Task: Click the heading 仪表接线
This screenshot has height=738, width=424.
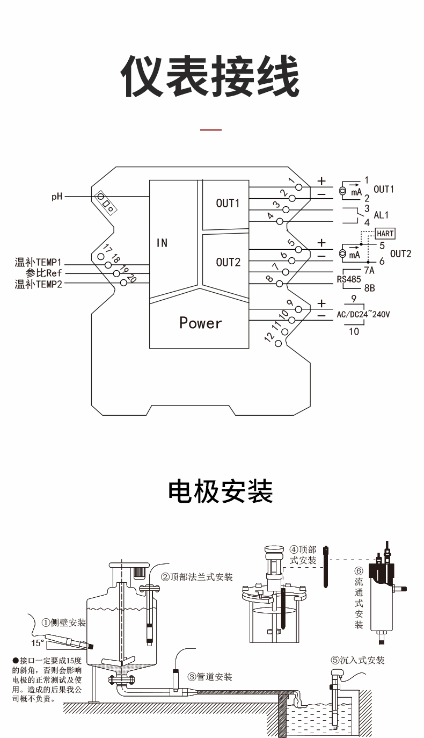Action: tap(210, 76)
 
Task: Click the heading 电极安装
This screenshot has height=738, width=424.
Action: tap(221, 491)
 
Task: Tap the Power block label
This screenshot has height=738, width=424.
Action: tap(200, 323)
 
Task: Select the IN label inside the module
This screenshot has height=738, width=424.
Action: tap(162, 243)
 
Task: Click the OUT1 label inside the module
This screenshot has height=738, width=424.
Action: tap(228, 203)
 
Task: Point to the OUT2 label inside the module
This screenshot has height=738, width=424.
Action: tap(228, 262)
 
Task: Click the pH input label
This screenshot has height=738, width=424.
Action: tap(57, 197)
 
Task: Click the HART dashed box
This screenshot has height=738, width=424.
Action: tap(385, 234)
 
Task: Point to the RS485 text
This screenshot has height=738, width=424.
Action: tap(349, 279)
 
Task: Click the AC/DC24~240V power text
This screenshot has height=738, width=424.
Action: tap(363, 315)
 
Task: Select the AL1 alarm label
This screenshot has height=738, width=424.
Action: tap(381, 215)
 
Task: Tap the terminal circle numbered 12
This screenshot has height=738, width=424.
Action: tap(278, 343)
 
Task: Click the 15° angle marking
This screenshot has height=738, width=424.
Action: tap(37, 643)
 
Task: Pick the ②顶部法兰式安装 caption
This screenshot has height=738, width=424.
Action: tap(197, 577)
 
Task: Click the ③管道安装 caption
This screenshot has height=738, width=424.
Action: tap(210, 677)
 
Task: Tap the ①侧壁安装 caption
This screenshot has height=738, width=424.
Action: tap(64, 623)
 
